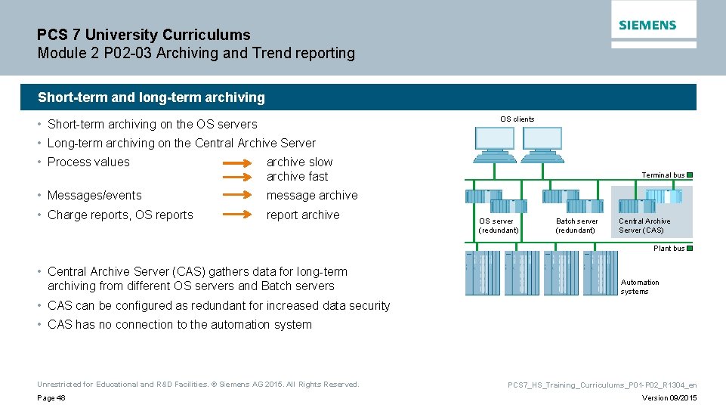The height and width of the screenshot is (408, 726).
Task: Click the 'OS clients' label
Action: (517, 119)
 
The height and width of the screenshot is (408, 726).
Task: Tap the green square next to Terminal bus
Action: (690, 175)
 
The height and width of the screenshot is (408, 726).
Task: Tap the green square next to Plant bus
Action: (690, 248)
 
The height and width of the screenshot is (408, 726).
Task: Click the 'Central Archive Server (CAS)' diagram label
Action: (644, 226)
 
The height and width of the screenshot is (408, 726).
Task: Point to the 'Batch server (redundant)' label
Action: (576, 226)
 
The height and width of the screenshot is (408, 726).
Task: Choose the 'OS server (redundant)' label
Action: (499, 226)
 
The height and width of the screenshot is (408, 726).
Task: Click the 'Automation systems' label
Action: (640, 286)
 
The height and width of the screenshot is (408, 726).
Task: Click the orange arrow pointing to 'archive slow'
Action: (239, 162)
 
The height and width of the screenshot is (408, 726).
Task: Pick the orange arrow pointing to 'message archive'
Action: (239, 196)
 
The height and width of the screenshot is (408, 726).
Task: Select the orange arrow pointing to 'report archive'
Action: (239, 215)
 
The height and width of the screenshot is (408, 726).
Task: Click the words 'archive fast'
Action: (297, 177)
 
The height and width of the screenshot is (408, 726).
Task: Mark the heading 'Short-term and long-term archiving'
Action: (152, 97)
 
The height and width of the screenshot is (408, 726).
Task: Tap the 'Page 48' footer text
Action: (51, 398)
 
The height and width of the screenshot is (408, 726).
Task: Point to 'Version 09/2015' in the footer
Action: (669, 398)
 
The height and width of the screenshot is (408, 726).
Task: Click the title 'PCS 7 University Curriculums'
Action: (144, 35)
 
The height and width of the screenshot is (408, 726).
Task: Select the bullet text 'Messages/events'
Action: (94, 196)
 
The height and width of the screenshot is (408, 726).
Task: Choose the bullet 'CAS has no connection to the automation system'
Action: (179, 325)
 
